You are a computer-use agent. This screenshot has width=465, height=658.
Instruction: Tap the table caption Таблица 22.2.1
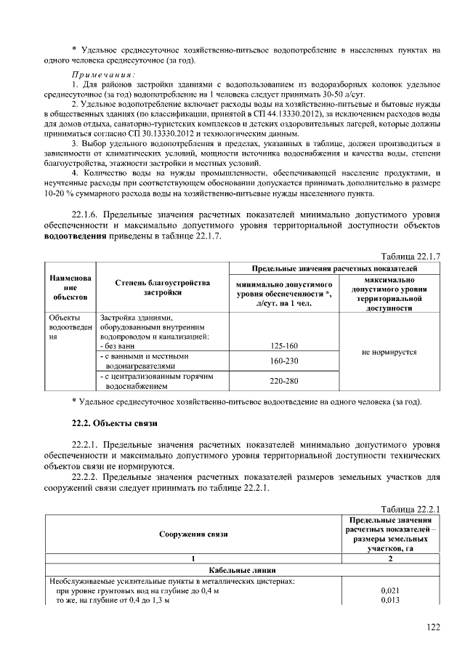click(411, 508)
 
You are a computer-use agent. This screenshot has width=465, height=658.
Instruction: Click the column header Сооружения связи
click(193, 534)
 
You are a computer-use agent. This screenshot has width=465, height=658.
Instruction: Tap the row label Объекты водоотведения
click(70, 328)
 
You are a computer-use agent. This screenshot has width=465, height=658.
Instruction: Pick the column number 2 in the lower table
click(391, 558)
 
